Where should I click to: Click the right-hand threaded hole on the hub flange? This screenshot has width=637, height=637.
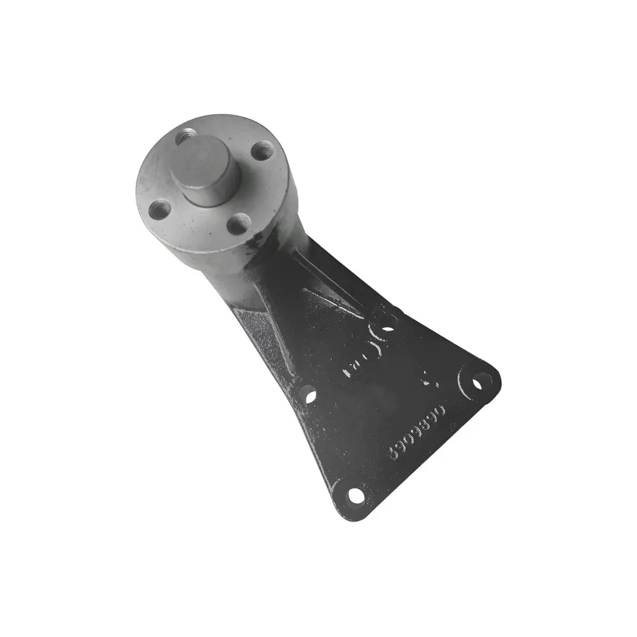(259, 151)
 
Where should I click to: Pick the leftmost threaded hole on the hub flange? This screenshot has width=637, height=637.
(158, 208)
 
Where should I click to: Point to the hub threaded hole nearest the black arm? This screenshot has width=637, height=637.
(238, 223)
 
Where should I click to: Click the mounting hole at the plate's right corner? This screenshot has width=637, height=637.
(481, 383)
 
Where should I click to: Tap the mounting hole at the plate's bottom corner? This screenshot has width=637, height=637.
(355, 494)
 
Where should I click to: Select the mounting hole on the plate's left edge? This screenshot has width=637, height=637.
(308, 396)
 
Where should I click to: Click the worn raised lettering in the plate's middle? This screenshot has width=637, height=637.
(363, 357)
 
